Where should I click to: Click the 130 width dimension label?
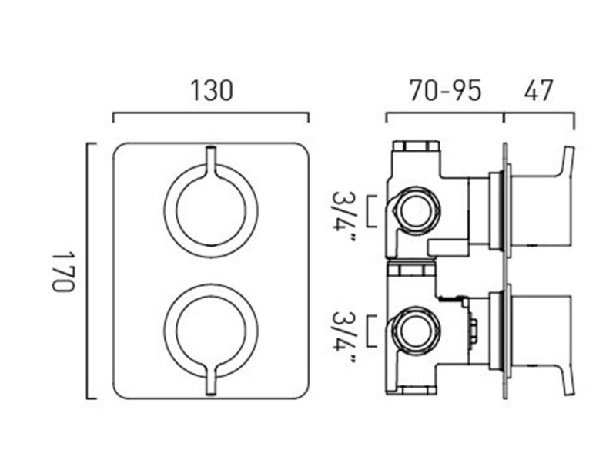pyautogui.click(x=211, y=90)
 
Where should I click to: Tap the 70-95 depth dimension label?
pyautogui.click(x=445, y=90)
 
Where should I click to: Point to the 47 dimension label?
pyautogui.click(x=538, y=90)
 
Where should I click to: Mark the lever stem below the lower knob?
pyautogui.click(x=210, y=385)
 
